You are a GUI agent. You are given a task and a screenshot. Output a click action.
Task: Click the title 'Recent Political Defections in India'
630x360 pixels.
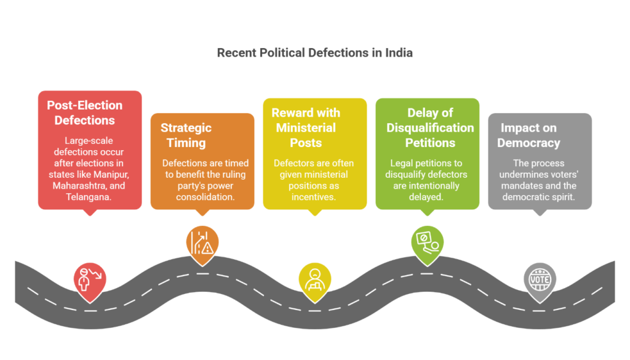314,53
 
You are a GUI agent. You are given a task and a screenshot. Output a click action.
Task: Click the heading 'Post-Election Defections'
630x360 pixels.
85,113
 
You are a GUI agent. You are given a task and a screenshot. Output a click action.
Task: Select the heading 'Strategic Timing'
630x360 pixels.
186,135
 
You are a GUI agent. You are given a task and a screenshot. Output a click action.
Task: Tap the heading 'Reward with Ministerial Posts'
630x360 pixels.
305,127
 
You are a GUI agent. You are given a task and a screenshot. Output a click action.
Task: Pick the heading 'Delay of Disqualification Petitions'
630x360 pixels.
430,127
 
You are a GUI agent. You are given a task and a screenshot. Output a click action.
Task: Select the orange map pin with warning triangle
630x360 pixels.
202,244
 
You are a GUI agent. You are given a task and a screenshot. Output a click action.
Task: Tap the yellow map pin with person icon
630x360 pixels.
314,279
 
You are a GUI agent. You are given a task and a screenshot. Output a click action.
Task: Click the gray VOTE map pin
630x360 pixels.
539,281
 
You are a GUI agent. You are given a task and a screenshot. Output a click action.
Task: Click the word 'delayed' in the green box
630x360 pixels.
428,196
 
